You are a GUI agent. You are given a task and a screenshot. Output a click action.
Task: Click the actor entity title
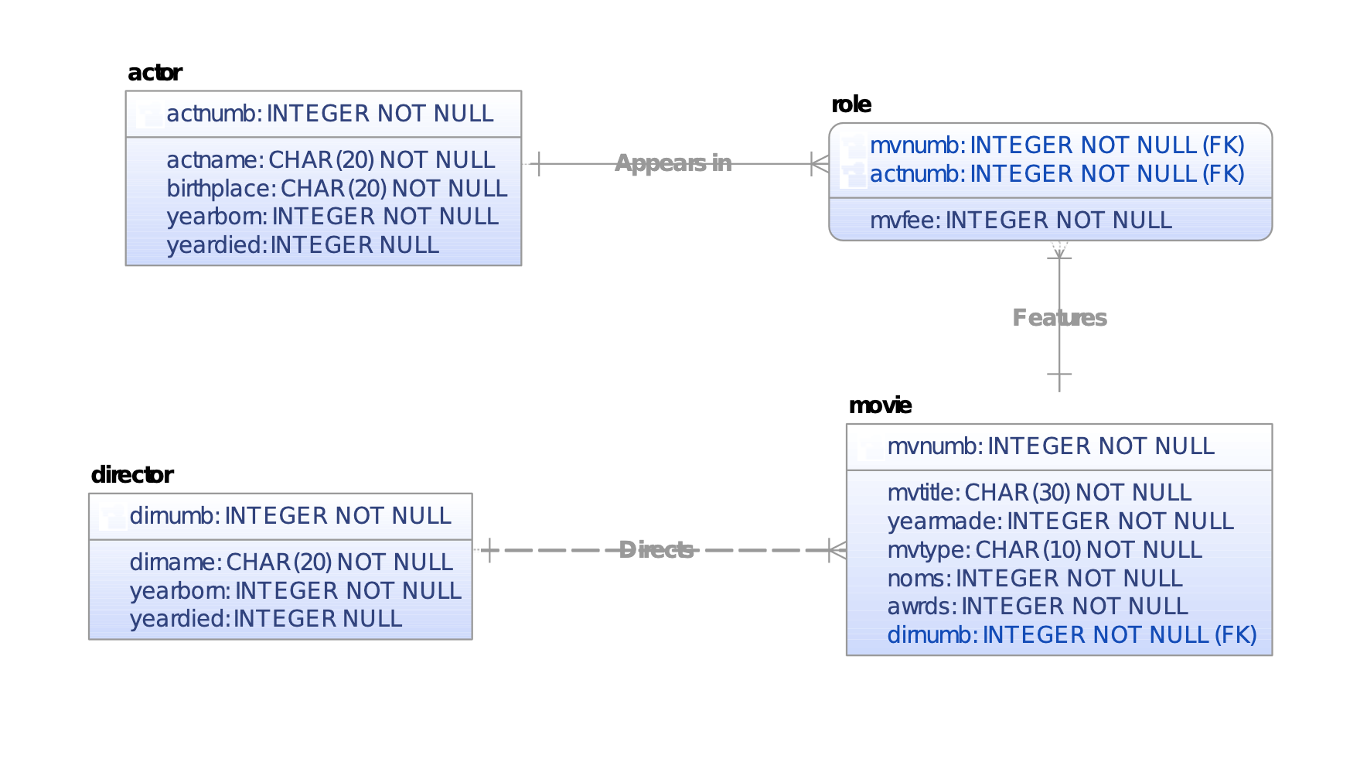click(x=155, y=73)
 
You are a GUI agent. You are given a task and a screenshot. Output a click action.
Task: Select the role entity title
click(x=851, y=104)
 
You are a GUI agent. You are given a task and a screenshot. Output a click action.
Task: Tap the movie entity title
click(x=879, y=405)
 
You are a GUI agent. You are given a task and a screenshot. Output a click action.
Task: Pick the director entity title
click(x=131, y=475)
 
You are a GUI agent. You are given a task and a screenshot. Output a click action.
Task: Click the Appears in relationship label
click(x=673, y=163)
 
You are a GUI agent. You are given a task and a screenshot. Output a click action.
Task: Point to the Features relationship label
click(x=1059, y=318)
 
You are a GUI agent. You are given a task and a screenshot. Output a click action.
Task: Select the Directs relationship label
click(x=656, y=550)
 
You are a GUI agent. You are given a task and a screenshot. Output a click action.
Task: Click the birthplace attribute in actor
click(x=336, y=189)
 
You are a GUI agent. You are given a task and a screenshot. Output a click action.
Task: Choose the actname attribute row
click(x=330, y=160)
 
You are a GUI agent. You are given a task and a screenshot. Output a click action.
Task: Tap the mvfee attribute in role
click(x=1021, y=220)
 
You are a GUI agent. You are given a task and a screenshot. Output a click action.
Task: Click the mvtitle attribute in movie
click(x=1038, y=493)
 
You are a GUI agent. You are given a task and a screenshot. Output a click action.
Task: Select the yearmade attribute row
click(x=1060, y=521)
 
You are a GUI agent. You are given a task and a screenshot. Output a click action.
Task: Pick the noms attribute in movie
click(x=1035, y=579)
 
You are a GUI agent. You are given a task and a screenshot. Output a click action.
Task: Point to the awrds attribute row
click(x=1037, y=607)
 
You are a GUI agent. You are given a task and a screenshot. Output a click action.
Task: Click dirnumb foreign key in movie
click(x=1071, y=635)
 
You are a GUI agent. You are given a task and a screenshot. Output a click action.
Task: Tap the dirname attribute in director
click(x=291, y=562)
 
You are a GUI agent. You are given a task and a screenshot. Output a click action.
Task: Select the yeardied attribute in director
click(x=265, y=619)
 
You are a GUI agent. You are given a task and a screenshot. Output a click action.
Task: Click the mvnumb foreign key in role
click(x=1056, y=145)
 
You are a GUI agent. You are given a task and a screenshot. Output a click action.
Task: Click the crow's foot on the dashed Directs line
click(x=837, y=550)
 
